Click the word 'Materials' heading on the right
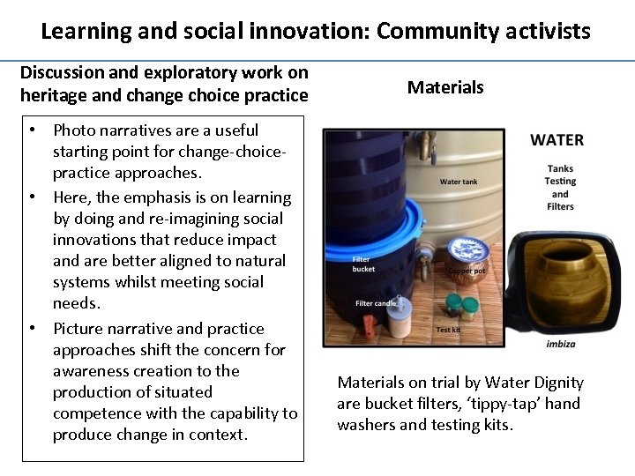pyautogui.click(x=445, y=87)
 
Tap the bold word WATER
pyautogui.click(x=557, y=140)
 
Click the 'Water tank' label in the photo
pyautogui.click(x=459, y=182)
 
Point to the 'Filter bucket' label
pyautogui.click(x=362, y=264)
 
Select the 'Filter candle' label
pyautogui.click(x=376, y=303)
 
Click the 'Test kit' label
pyautogui.click(x=448, y=331)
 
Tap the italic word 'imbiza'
pyautogui.click(x=561, y=344)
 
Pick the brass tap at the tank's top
pyautogui.click(x=430, y=143)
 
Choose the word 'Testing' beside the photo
pyautogui.click(x=560, y=182)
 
